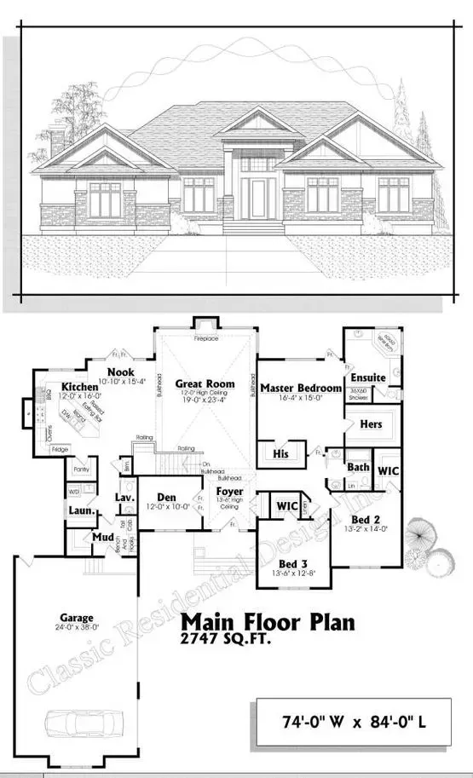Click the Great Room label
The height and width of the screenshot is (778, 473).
click(205, 384)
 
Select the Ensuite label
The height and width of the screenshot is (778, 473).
click(368, 377)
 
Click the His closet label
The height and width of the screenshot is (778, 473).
click(280, 454)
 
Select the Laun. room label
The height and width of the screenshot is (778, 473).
click(81, 510)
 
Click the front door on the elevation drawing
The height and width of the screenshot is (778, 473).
click(256, 195)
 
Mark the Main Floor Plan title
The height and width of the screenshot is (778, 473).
click(267, 621)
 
